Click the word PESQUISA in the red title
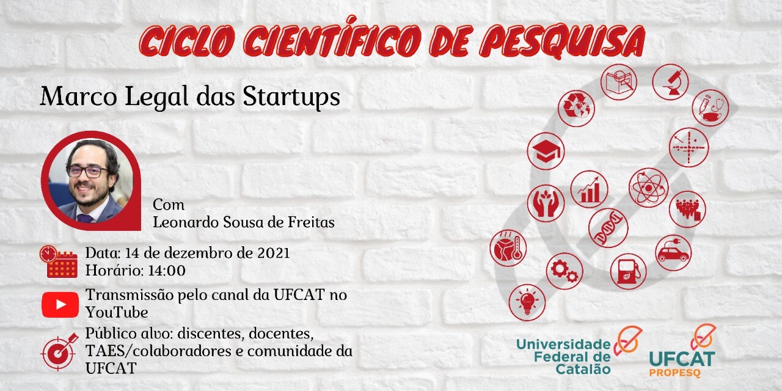tap(563, 41)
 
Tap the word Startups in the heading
tap(291, 97)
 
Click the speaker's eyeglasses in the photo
tap(87, 172)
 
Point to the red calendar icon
tap(58, 261)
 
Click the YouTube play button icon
tap(60, 305)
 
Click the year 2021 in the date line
tap(274, 253)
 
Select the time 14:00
tap(167, 271)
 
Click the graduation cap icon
tap(546, 151)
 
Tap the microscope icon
tap(670, 82)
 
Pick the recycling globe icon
tap(576, 108)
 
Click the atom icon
tap(648, 188)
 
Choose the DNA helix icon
tap(608, 228)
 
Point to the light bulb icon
tap(527, 302)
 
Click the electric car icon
tap(673, 253)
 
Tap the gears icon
tap(565, 271)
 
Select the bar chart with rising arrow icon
tap(590, 189)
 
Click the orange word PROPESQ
tap(675, 373)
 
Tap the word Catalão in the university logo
tap(583, 369)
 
